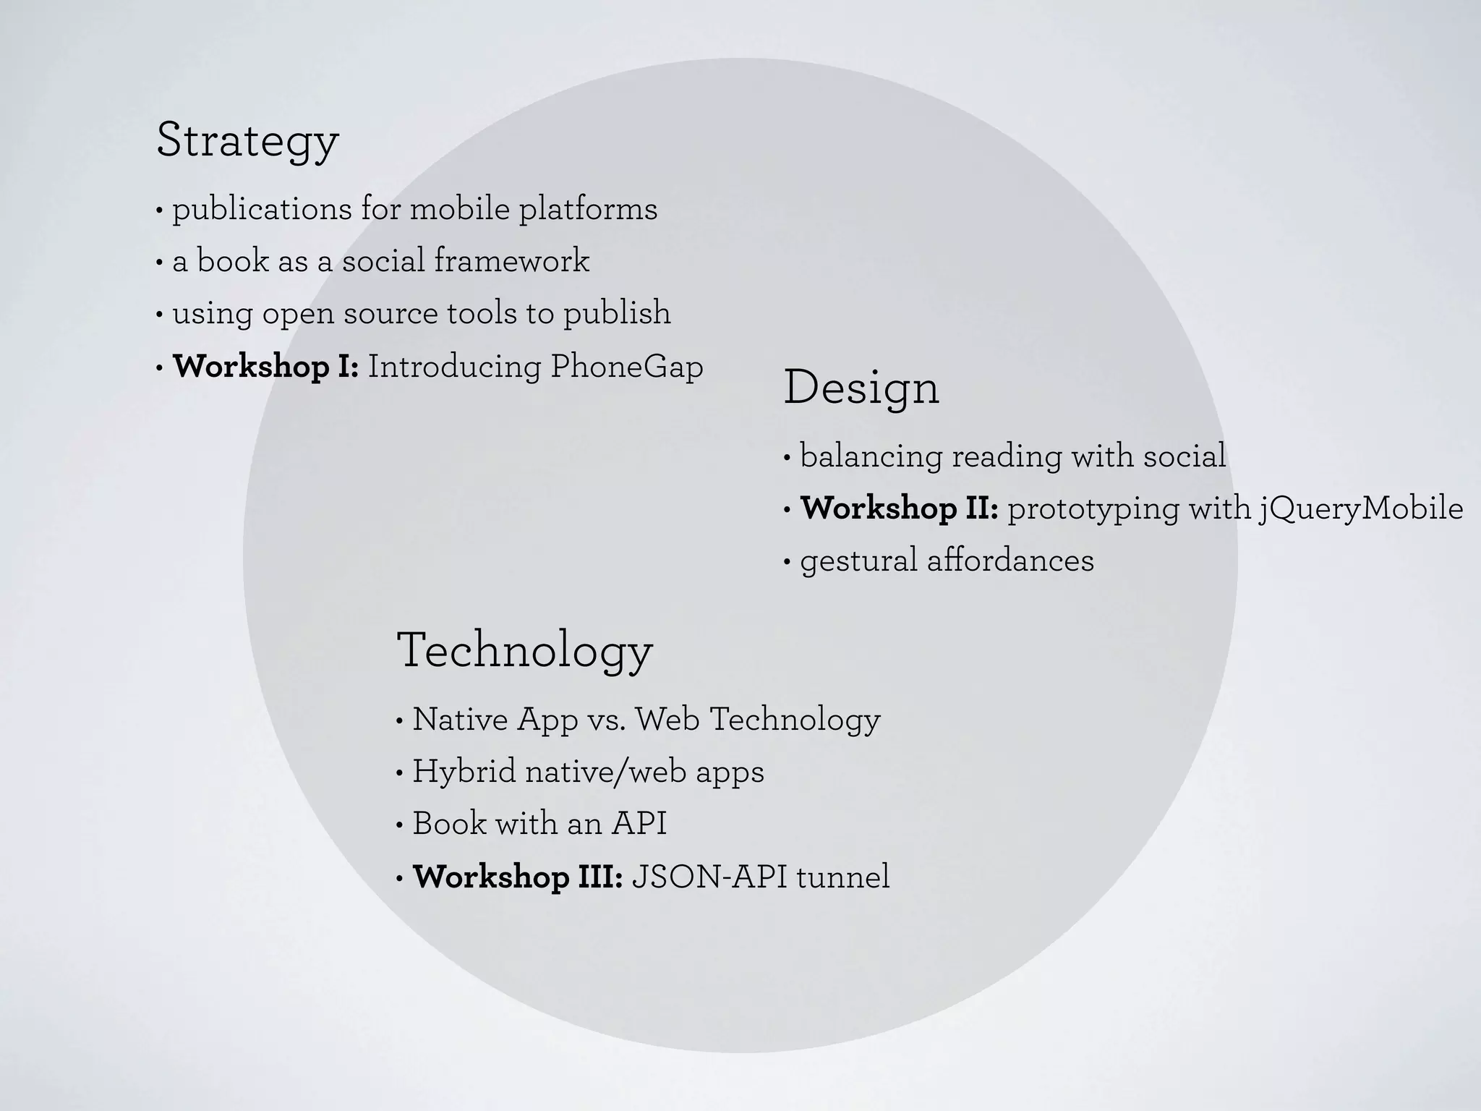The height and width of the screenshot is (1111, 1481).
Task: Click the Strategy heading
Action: point(247,141)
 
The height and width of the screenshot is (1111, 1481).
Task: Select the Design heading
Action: point(861,388)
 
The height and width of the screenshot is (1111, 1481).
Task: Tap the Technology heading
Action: point(524,651)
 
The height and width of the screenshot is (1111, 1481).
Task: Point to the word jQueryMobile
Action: point(1360,508)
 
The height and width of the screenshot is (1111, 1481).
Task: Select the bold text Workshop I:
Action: point(265,367)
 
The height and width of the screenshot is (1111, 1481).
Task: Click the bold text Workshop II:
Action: point(899,508)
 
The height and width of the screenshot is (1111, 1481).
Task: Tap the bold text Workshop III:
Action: point(518,877)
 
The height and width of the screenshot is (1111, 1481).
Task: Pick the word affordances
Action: point(1010,561)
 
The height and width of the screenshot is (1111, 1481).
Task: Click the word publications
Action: point(263,210)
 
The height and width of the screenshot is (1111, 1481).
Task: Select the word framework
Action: point(511,261)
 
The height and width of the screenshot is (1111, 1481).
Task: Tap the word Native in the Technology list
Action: point(460,719)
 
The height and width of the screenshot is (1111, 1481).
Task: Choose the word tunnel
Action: point(842,877)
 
